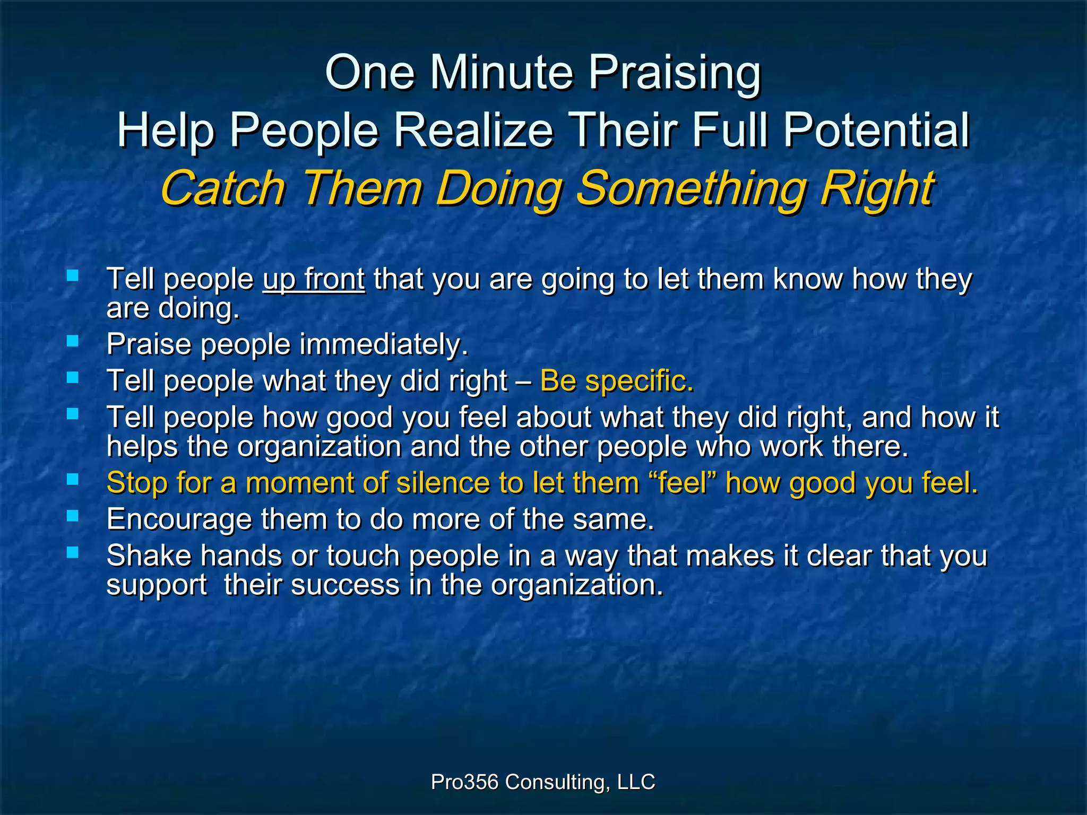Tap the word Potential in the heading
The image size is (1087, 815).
point(876,131)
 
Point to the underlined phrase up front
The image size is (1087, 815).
point(314,279)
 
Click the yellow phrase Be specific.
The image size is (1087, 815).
point(617,381)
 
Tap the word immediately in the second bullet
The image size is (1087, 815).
point(384,344)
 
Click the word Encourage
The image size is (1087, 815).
point(179,519)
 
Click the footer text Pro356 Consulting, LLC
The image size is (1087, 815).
point(543,782)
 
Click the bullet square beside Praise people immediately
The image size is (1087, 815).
point(73,341)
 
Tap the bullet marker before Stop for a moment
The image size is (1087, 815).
point(73,480)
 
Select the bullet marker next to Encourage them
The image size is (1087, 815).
point(73,516)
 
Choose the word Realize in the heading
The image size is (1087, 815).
point(473,131)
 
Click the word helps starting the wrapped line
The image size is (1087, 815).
point(142,447)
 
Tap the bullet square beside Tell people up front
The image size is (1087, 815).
point(73,275)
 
